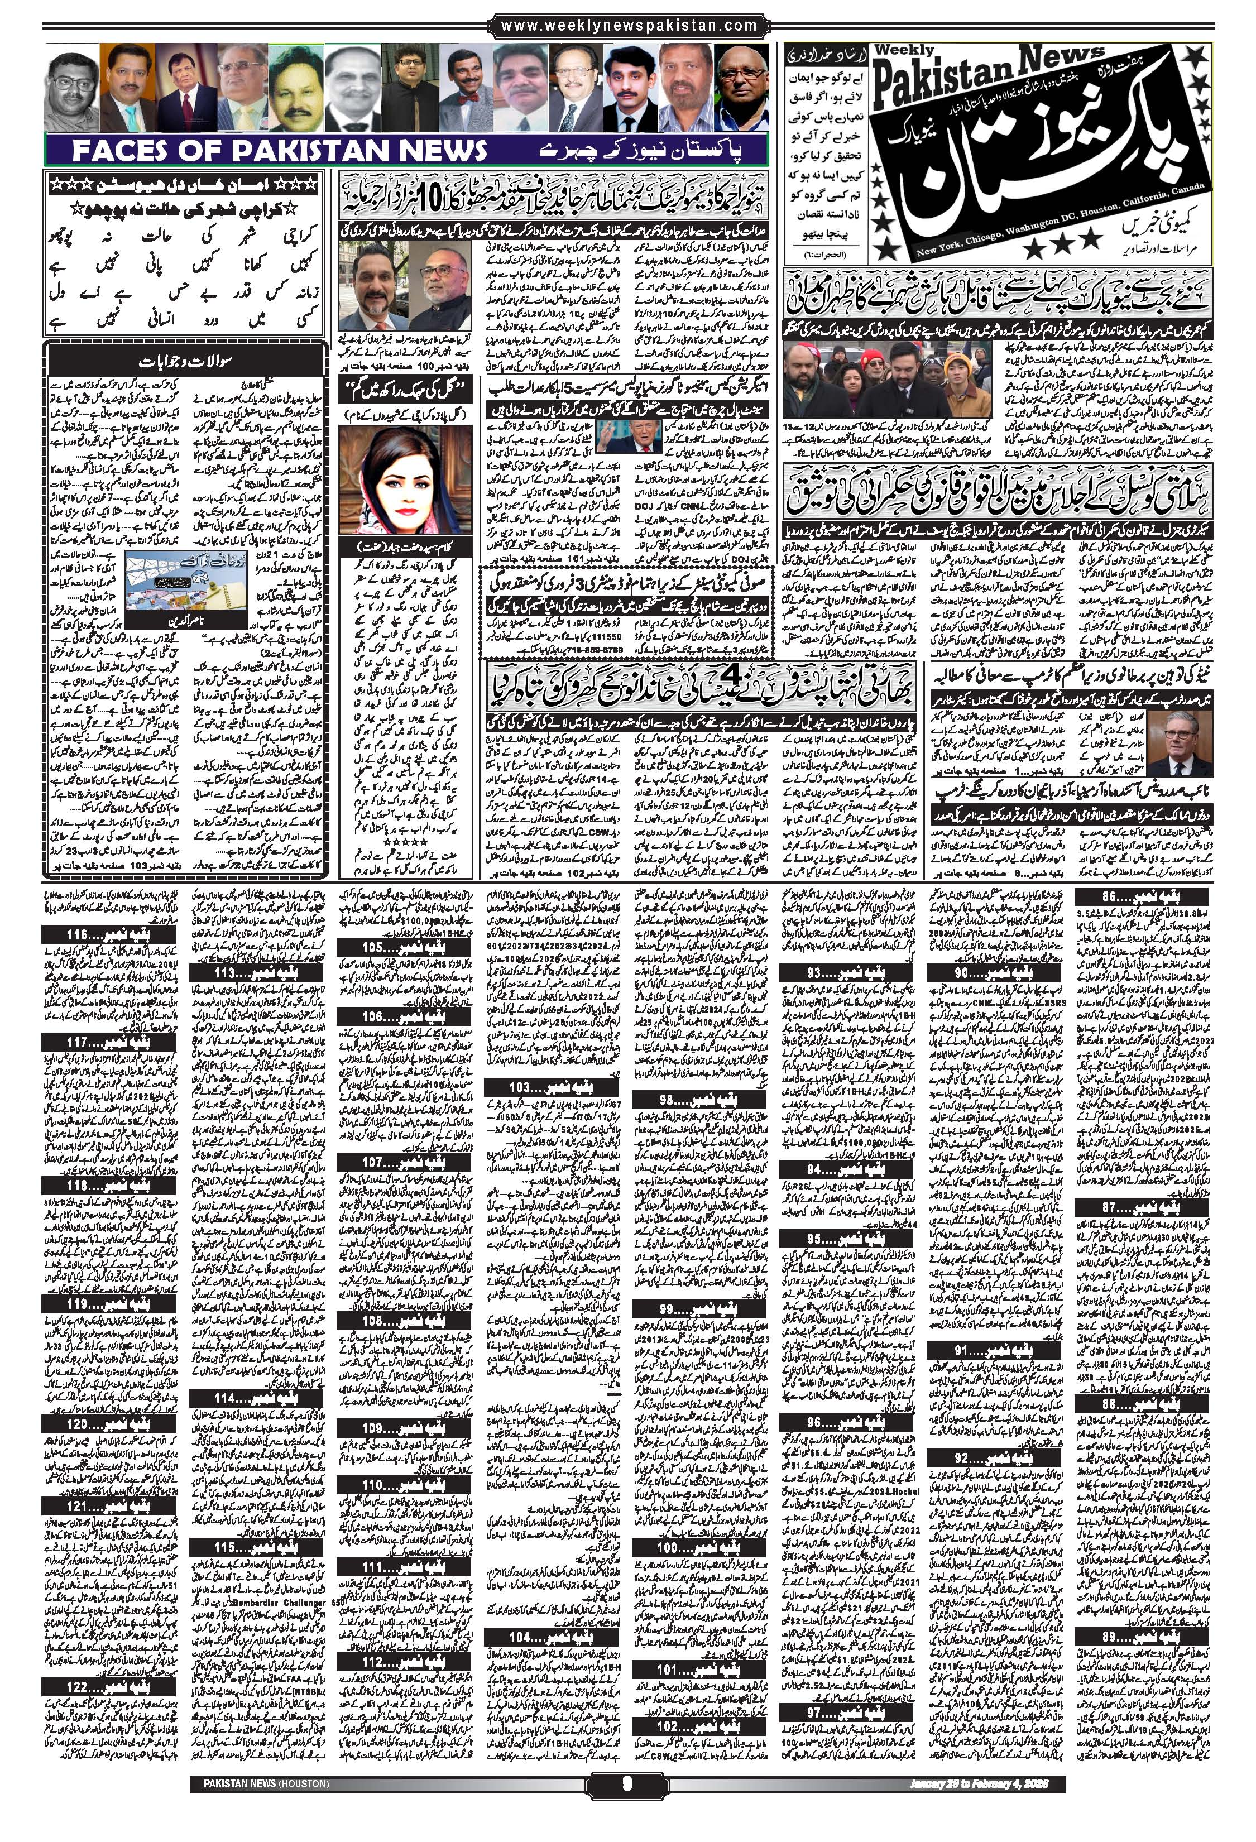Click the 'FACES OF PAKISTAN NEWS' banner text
point(278,151)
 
